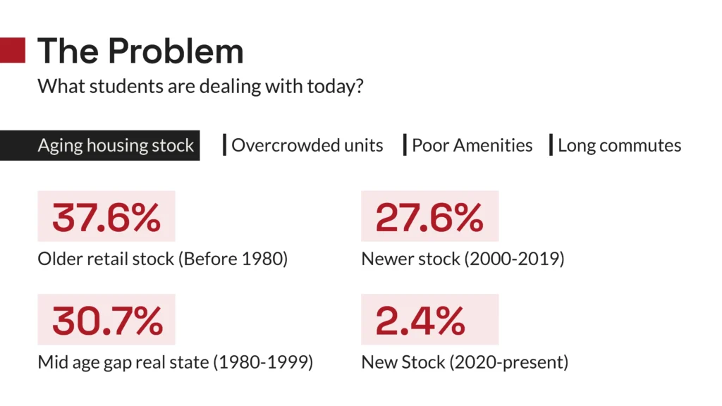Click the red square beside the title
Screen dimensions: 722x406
(x=13, y=50)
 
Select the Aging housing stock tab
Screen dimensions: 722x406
(x=100, y=145)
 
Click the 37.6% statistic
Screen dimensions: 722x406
(x=106, y=217)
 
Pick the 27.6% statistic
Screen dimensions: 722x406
(x=429, y=217)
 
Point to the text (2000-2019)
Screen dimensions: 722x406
(x=514, y=259)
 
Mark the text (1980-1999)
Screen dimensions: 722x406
(x=263, y=362)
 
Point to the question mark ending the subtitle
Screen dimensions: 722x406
(x=359, y=86)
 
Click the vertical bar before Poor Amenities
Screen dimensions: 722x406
(x=405, y=145)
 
